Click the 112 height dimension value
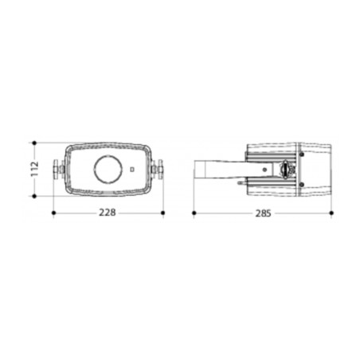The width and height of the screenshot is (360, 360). point(35,169)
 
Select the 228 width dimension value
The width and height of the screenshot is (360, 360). point(108,213)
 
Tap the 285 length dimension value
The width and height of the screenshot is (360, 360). point(264,213)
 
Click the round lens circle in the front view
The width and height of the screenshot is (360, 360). point(108,169)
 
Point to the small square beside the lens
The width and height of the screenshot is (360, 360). point(132,169)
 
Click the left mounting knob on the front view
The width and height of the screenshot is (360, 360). point(59,169)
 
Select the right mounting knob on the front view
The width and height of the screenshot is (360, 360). point(157,169)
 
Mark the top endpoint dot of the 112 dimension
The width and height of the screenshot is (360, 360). point(34,143)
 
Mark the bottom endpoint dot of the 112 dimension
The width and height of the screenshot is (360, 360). point(34,196)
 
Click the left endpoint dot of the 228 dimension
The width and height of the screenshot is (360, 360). point(53,213)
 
